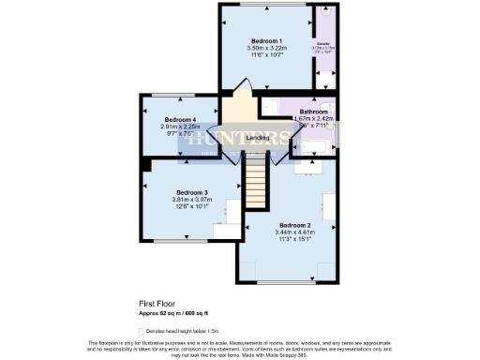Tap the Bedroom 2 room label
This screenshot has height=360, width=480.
point(292,225)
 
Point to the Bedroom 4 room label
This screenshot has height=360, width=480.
point(180,120)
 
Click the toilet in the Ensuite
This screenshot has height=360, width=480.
point(324,16)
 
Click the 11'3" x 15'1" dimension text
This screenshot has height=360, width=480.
point(292,240)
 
